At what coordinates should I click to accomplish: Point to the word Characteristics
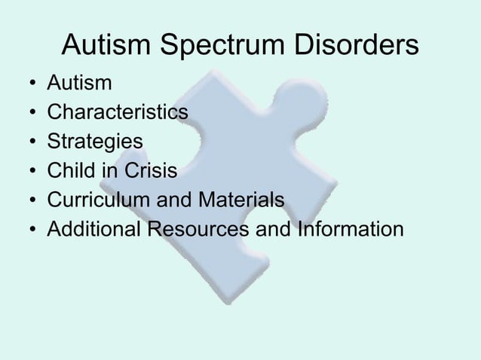(117, 112)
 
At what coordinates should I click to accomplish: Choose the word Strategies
(94, 142)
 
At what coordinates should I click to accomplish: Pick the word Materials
(247, 200)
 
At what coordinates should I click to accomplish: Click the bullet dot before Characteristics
(29, 114)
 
